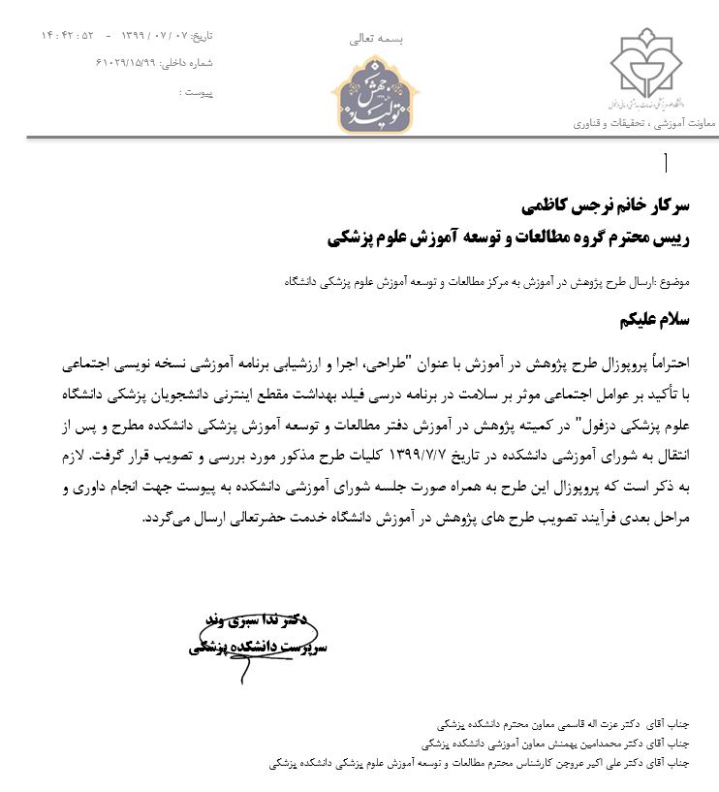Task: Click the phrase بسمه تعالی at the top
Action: point(375,39)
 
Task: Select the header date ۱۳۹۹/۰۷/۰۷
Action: point(154,36)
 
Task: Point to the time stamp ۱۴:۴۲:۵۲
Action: point(68,36)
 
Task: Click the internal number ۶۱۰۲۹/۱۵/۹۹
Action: point(136,63)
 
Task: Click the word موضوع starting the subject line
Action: point(672,281)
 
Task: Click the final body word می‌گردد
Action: point(162,520)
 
